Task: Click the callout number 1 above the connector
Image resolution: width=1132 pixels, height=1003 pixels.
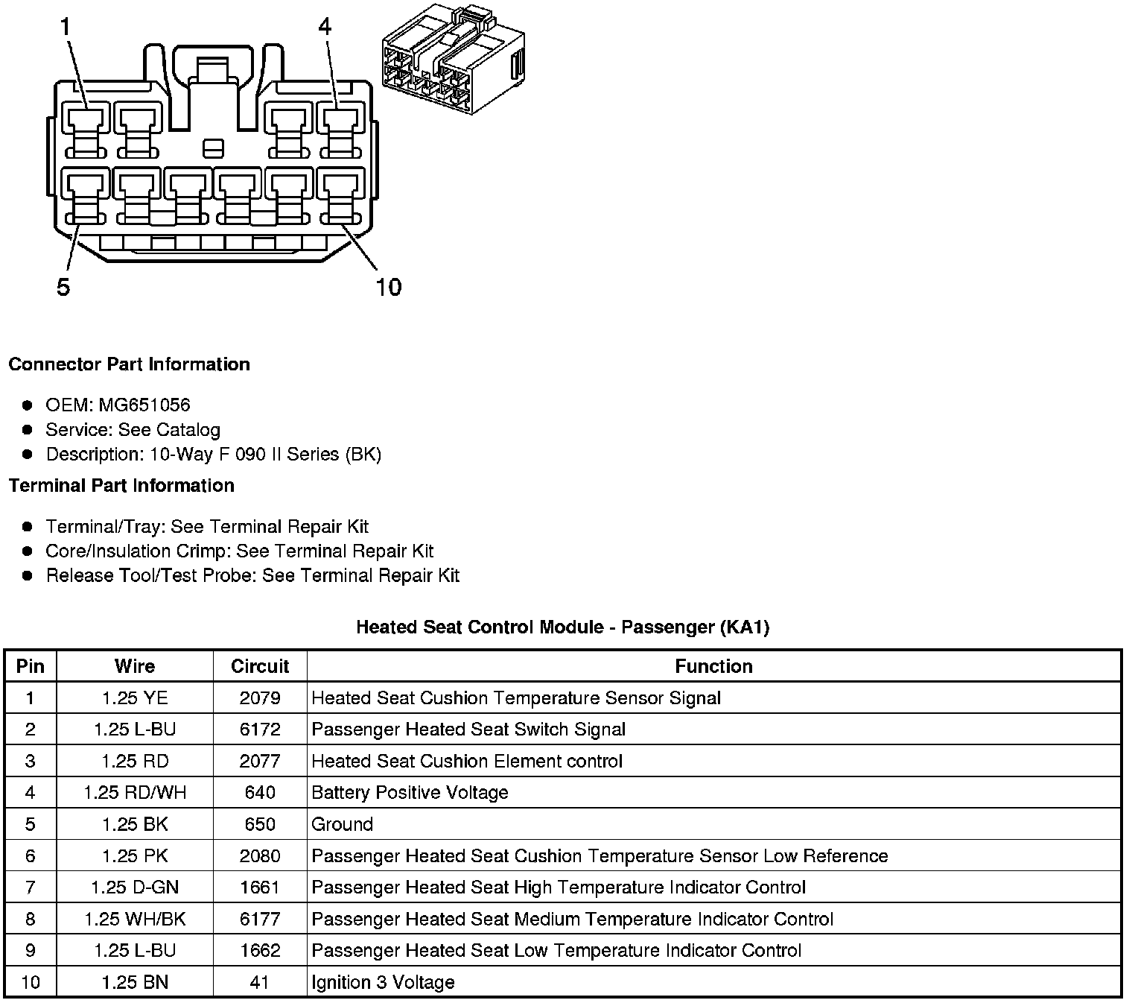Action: [x=66, y=28]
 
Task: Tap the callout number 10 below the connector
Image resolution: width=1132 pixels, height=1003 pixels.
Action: [x=388, y=287]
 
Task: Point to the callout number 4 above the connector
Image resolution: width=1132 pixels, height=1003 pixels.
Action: [x=324, y=28]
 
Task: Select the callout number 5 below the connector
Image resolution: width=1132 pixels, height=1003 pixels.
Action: [x=63, y=287]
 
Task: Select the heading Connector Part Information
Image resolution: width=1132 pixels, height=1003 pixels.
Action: [x=129, y=364]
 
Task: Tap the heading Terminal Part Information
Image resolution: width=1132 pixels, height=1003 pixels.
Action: [x=121, y=486]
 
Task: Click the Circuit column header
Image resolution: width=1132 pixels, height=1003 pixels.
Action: [x=259, y=666]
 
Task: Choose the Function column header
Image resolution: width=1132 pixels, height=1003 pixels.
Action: [x=713, y=666]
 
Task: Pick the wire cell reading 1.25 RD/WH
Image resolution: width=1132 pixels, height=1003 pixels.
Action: [x=135, y=793]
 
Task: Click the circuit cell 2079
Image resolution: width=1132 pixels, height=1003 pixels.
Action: [x=259, y=698]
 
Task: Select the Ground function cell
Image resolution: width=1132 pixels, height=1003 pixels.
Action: [x=343, y=824]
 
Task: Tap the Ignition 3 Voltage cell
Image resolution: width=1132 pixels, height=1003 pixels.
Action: [x=383, y=982]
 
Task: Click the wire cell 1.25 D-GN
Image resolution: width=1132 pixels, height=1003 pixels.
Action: [x=135, y=887]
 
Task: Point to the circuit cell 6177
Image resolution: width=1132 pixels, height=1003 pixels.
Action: [x=259, y=919]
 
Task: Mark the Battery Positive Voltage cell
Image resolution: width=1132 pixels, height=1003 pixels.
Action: [x=410, y=793]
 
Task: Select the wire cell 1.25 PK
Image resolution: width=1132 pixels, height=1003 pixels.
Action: [x=135, y=856]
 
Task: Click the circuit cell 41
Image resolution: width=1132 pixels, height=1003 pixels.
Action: [x=259, y=982]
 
